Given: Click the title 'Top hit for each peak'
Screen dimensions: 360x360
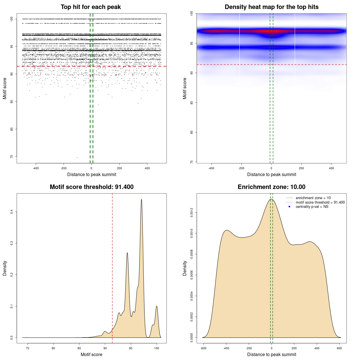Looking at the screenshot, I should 91,7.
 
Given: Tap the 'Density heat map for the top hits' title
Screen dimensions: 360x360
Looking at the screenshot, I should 271,7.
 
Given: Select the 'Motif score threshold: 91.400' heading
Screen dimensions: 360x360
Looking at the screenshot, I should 91,187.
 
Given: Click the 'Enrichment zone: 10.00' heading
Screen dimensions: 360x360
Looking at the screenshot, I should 271,187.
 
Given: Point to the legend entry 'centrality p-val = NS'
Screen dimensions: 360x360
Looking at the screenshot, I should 312,207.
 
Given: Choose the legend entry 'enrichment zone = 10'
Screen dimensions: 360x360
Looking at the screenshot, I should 313,198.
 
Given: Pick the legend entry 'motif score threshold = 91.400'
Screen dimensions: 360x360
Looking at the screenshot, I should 320,202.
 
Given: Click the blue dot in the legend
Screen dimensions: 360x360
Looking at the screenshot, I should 289,207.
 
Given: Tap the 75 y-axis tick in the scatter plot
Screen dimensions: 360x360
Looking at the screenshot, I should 12,157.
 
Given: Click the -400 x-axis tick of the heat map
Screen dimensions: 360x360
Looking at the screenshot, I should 211,168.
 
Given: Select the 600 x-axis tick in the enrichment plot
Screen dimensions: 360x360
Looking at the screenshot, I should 339,348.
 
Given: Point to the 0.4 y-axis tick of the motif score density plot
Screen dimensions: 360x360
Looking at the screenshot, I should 12,211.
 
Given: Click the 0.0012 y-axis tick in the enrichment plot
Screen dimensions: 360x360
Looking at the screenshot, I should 192,213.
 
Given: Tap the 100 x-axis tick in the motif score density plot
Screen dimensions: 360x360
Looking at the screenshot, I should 157,348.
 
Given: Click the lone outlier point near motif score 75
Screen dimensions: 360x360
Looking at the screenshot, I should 77,157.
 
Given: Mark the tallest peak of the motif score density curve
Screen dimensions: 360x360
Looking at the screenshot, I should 141,199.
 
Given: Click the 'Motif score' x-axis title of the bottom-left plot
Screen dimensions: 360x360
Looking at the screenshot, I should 91,354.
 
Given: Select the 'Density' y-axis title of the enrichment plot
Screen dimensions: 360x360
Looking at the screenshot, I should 185,268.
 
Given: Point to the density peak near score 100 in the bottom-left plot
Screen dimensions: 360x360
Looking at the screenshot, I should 157,306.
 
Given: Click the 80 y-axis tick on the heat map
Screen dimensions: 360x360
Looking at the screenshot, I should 192,132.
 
